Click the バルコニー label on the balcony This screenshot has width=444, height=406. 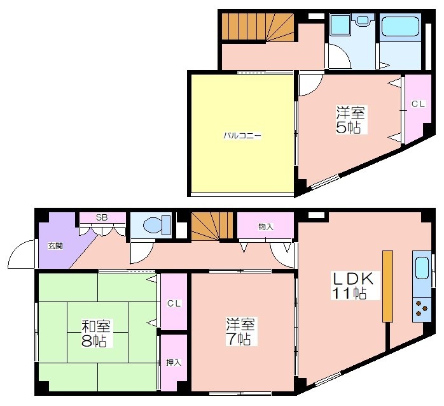tap(242, 135)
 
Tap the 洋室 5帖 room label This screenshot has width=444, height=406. tap(350, 120)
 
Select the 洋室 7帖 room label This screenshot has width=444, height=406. tap(240, 331)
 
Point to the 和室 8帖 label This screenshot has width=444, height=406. tap(95, 333)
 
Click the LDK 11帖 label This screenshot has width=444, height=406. tap(353, 286)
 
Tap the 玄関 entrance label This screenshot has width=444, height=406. tap(55, 246)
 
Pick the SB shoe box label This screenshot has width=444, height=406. tap(101, 217)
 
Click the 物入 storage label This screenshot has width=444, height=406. tap(266, 227)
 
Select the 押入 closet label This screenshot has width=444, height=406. tap(173, 362)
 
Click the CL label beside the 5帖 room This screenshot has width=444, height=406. tap(418, 104)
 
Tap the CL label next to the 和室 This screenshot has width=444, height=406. tap(174, 303)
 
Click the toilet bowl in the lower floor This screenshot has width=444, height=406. tap(156, 225)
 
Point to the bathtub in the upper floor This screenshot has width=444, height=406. tap(400, 26)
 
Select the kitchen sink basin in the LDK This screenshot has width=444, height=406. tap(422, 269)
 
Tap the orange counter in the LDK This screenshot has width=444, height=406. tap(387, 286)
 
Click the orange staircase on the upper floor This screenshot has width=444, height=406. tap(258, 27)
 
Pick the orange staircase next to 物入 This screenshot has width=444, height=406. tap(212, 226)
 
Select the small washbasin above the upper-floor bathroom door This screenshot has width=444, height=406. tap(362, 20)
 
